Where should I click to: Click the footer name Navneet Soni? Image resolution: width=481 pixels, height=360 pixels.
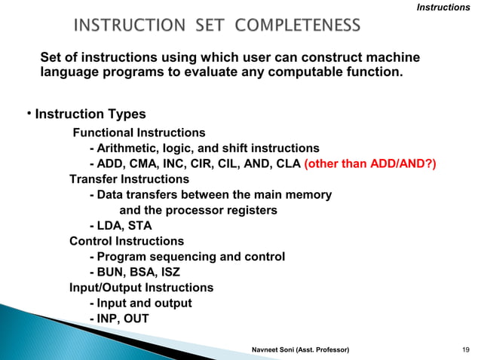pos(279,350)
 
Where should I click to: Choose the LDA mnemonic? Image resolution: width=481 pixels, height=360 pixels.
pos(110,225)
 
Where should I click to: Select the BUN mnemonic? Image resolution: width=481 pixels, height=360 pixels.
pos(111,272)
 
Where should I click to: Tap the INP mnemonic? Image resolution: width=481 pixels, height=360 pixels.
pos(109,319)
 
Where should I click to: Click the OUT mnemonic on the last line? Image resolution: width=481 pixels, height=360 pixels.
pos(137,319)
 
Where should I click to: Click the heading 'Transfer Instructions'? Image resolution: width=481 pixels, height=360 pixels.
pos(129,179)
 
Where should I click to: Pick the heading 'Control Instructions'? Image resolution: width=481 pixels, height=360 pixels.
pos(126,241)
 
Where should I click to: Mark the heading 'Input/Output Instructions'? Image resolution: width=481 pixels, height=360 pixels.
pos(141,288)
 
